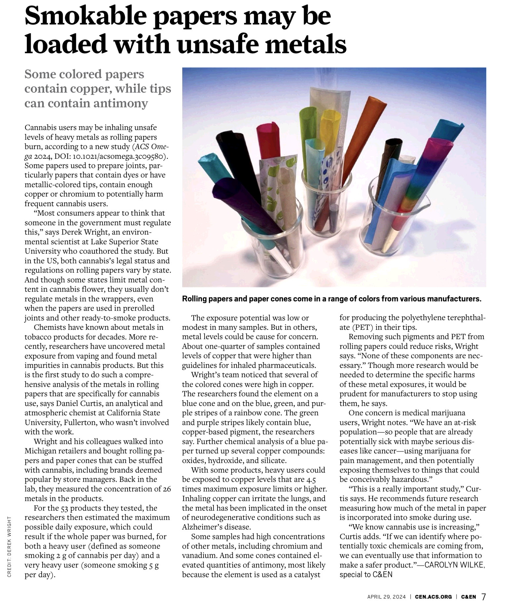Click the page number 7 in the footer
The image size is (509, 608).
(x=484, y=596)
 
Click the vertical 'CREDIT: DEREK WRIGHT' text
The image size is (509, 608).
(x=10, y=546)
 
